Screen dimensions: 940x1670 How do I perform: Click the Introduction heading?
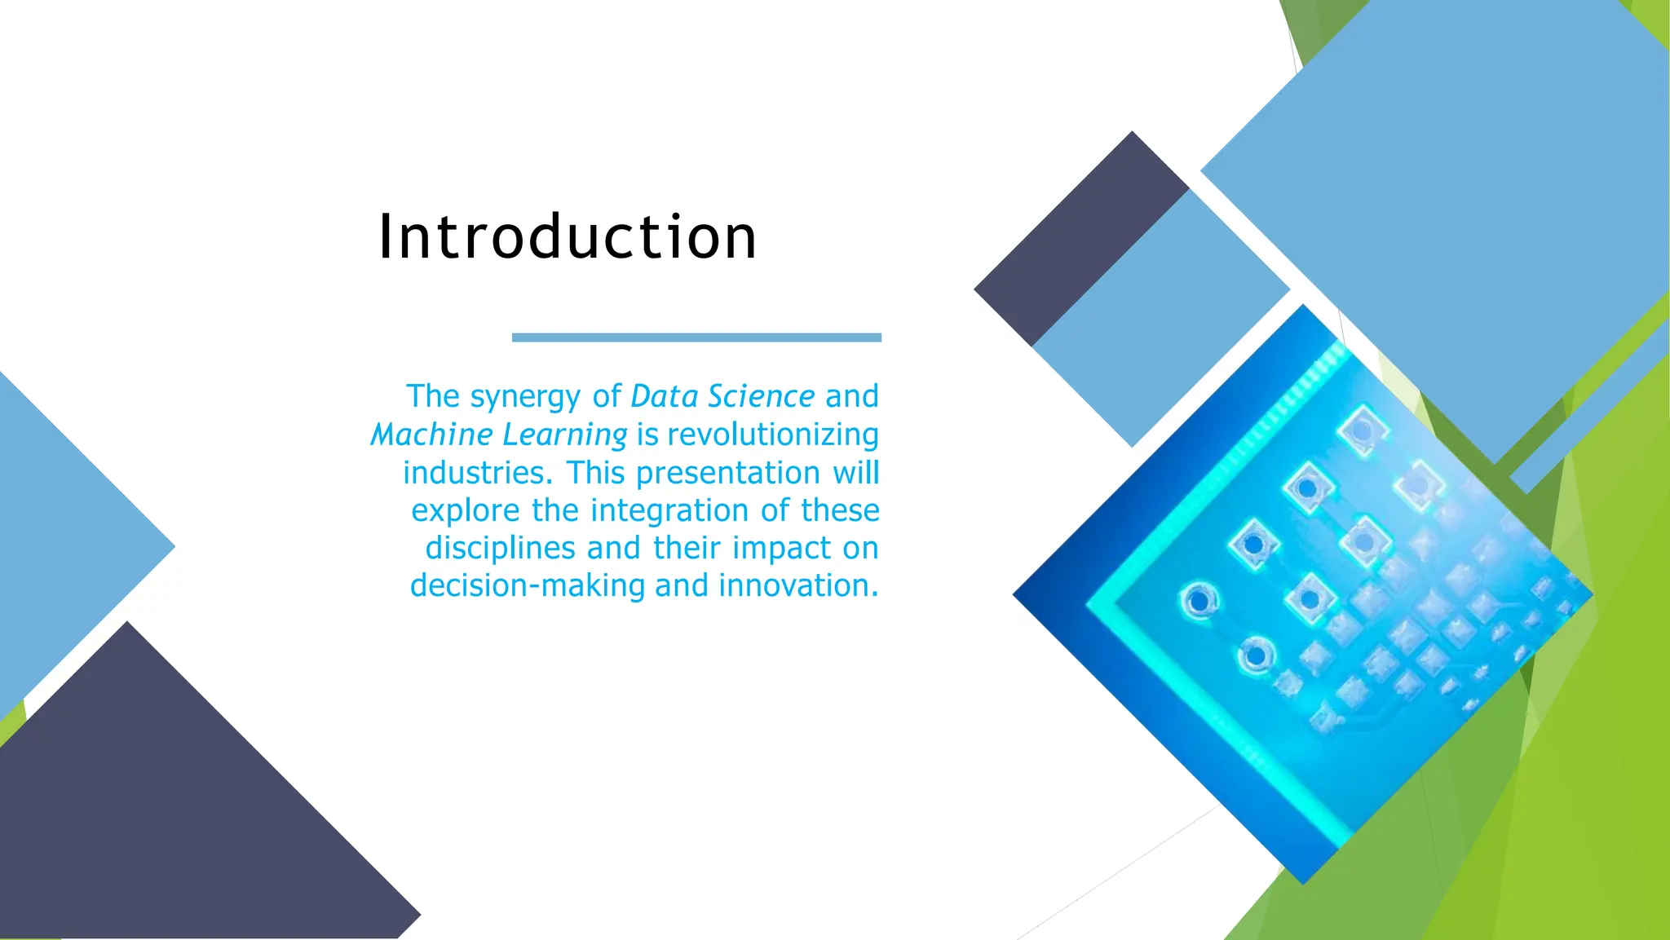[568, 237]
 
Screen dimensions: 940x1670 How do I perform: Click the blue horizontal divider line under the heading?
[696, 338]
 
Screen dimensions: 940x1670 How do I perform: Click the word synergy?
[525, 397]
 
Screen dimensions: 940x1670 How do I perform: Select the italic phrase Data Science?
[722, 396]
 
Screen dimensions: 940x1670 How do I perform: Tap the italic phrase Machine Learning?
[499, 435]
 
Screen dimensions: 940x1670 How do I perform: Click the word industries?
[473, 473]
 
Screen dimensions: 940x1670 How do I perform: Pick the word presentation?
[727, 473]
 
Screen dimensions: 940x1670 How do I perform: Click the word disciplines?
[501, 548]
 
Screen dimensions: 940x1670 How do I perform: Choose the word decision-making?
[528, 585]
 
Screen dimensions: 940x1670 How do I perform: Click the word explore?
[465, 511]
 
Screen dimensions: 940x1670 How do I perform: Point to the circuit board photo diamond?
[1305, 595]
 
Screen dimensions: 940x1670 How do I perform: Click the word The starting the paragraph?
[433, 396]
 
